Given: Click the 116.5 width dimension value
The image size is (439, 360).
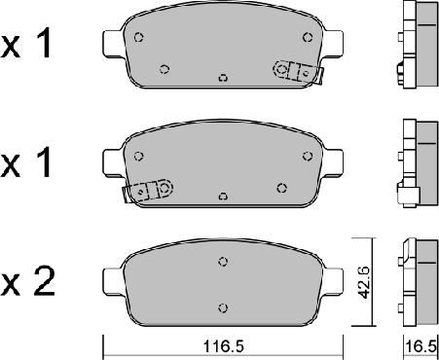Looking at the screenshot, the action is [x=223, y=346].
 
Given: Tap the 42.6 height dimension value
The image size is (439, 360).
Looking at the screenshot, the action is [x=363, y=282].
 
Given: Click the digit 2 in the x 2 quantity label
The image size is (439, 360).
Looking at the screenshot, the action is [x=44, y=281].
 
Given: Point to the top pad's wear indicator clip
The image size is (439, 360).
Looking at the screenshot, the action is [x=299, y=72].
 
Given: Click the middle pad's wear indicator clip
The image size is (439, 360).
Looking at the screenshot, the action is [x=148, y=191].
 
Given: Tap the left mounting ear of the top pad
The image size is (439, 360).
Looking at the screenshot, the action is [x=113, y=44].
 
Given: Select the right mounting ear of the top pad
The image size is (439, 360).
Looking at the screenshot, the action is [x=333, y=44].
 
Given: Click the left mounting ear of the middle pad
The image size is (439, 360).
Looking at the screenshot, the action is [x=113, y=162].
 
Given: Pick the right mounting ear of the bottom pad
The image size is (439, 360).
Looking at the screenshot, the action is [x=333, y=281].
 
